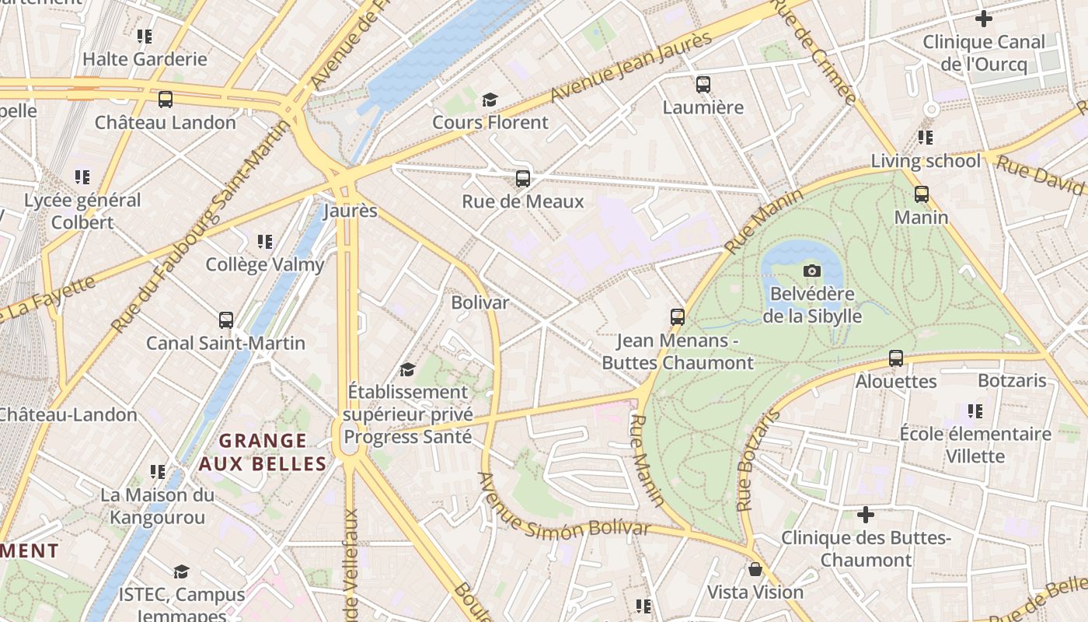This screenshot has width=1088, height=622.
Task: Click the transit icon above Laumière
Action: point(703,84)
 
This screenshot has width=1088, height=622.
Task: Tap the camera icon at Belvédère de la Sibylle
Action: point(811,271)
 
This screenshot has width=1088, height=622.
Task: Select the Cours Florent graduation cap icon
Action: point(490,100)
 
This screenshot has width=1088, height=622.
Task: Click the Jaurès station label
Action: point(350,211)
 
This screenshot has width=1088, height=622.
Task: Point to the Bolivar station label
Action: point(480,302)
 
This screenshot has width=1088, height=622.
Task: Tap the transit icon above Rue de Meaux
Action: point(522,179)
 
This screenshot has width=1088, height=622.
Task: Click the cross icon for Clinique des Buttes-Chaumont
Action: point(866,515)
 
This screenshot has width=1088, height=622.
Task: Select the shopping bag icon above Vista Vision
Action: point(755,569)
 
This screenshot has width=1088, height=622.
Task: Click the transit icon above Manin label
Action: point(921,194)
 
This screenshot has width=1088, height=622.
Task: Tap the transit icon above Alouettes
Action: point(896,358)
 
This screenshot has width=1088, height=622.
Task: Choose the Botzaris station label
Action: point(1012,381)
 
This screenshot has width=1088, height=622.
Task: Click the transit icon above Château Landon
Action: point(165,100)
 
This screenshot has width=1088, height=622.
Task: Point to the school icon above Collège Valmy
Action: point(265,242)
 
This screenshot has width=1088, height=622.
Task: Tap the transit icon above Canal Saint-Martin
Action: point(225,320)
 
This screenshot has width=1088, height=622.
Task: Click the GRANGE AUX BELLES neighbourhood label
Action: point(262,453)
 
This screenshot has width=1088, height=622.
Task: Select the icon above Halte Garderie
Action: point(145,36)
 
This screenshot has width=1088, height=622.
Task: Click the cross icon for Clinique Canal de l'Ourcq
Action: point(984,19)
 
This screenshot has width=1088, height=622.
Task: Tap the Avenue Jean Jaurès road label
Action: point(631,68)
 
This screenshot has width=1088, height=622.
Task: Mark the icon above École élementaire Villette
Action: point(975,411)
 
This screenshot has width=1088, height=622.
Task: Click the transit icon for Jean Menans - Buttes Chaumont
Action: point(677,316)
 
